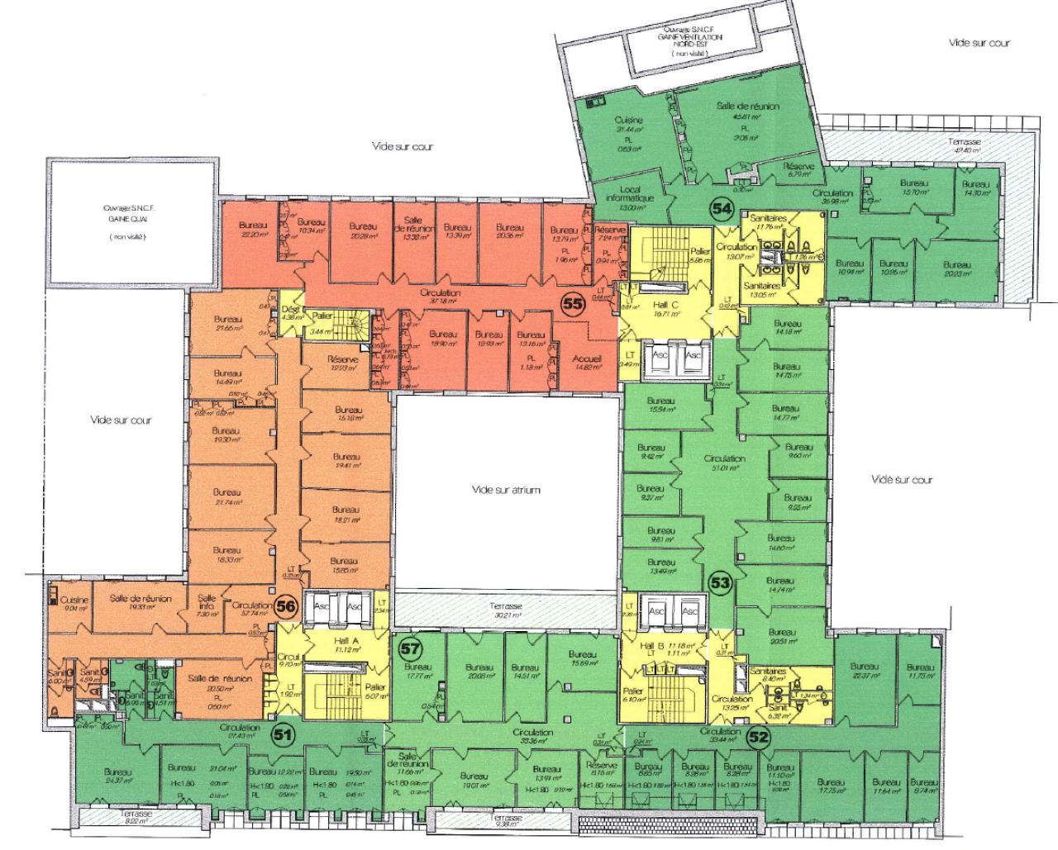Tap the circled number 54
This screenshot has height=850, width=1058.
tap(722, 210)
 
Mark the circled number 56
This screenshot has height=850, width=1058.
tap(286, 606)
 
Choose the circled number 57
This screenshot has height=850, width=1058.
tap(410, 648)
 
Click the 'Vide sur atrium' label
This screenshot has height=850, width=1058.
tap(506, 490)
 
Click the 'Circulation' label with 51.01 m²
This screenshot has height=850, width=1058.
tap(724, 458)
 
